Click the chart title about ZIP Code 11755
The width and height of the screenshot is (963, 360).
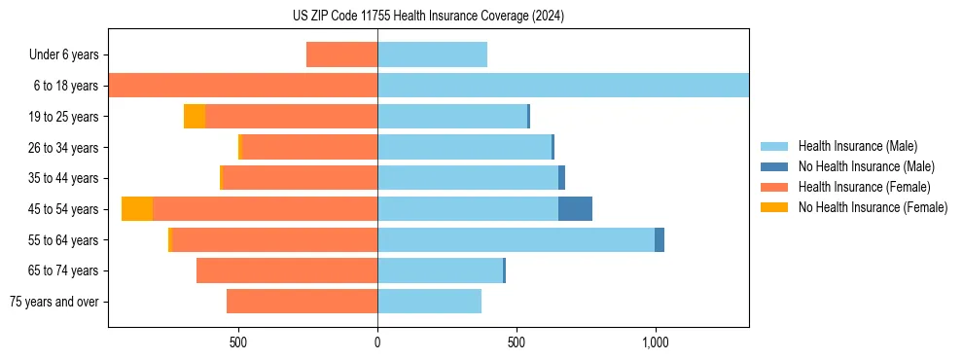coord(428,17)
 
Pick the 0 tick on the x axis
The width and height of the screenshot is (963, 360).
coord(377,342)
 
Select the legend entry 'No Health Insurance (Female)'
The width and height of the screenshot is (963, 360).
coord(873,207)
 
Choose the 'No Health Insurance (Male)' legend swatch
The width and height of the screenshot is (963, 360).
coord(774,166)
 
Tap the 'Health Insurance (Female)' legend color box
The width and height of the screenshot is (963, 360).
coord(774,187)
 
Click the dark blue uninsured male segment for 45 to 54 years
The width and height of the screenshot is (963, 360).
coord(575,209)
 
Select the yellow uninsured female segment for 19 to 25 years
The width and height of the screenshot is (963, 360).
coord(195,117)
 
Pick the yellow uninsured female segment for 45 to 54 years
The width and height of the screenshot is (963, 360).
coord(137,209)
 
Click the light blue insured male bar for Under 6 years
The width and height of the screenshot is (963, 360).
coord(432,54)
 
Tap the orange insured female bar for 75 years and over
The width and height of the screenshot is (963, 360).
coord(302,302)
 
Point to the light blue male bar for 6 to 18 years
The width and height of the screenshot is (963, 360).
coord(562,86)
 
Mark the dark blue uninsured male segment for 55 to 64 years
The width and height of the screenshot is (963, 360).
coord(660,240)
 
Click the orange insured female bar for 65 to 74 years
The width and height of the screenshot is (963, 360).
coord(287,270)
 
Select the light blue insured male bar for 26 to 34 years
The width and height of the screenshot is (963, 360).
coord(464,147)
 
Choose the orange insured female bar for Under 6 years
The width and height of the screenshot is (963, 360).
coord(341,54)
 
